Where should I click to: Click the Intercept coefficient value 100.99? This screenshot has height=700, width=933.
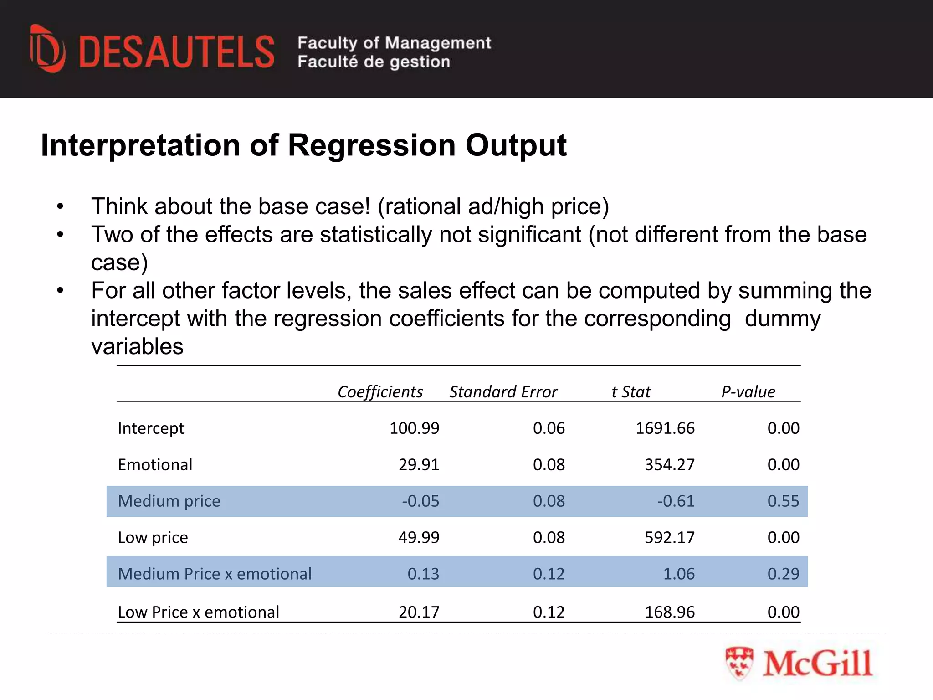414,428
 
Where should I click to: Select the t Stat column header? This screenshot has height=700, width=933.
631,392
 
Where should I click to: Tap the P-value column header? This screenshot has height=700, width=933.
748,392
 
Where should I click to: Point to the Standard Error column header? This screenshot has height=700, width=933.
503,392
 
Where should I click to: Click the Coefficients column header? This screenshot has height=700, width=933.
380,392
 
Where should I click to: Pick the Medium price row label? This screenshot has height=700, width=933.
169,501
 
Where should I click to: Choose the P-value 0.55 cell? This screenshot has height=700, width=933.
783,501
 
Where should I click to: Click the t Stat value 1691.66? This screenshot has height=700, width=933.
665,428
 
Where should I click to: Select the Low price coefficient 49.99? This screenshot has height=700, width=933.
419,538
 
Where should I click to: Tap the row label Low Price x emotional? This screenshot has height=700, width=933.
198,612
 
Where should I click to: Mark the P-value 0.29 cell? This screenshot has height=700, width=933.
783,574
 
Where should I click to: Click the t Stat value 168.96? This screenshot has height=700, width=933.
670,612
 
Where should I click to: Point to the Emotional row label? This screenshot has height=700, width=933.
155,465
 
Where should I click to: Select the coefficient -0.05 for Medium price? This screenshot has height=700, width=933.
420,501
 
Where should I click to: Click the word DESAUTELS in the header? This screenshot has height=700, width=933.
177,52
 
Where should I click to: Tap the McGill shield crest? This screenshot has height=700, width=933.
739,663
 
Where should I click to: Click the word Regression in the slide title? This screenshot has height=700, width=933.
372,145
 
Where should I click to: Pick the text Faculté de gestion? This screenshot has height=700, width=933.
374,62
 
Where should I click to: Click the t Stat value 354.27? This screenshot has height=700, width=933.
670,465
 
